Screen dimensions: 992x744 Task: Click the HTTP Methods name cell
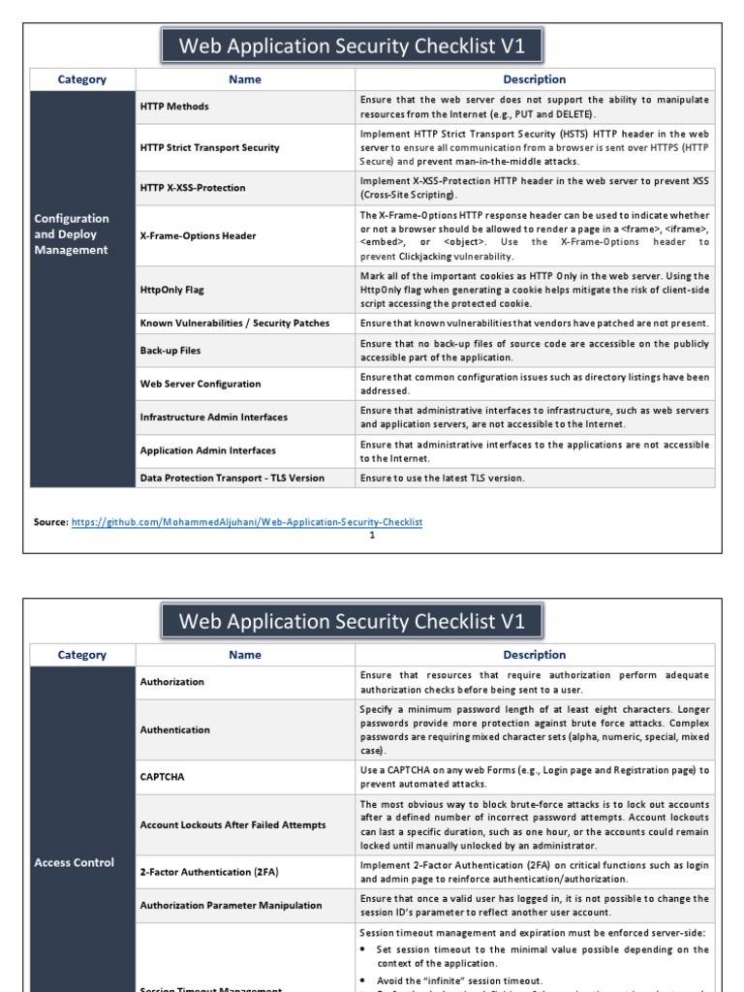(x=174, y=107)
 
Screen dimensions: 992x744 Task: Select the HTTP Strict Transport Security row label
(x=209, y=147)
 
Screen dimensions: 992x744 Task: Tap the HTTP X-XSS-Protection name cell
(x=193, y=188)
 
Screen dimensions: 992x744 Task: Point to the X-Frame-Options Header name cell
(x=198, y=235)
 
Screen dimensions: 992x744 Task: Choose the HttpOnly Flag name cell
(x=172, y=290)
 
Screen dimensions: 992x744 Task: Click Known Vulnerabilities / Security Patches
(x=234, y=324)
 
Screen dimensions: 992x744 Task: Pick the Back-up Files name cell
(x=170, y=351)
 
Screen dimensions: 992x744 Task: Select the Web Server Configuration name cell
(x=201, y=385)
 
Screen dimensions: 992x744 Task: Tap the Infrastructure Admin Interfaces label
(x=213, y=418)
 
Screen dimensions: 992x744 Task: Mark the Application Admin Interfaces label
(x=207, y=450)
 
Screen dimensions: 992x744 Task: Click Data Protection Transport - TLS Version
(x=232, y=478)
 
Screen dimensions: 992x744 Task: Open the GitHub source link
(x=247, y=522)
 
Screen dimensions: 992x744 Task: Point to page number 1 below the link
(x=372, y=535)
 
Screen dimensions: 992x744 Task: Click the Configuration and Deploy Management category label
(x=72, y=234)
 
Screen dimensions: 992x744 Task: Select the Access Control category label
(x=74, y=862)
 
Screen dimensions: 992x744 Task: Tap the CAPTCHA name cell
(x=162, y=777)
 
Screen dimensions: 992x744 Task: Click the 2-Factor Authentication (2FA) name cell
(x=209, y=872)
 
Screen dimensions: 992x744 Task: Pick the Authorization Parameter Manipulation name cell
(x=231, y=906)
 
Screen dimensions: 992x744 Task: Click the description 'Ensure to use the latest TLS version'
(x=442, y=478)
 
